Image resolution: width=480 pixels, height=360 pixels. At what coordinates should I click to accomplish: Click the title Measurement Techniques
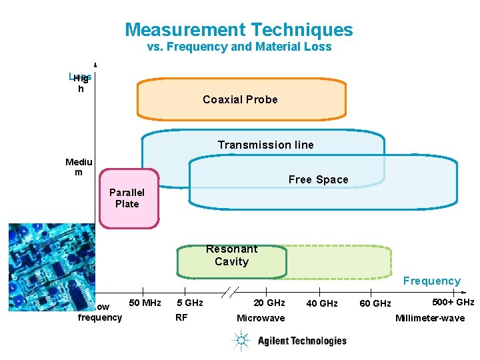click(239, 30)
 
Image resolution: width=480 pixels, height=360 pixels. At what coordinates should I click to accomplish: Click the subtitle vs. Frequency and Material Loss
click(239, 47)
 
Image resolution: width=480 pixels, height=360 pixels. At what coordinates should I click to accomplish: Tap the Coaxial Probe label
click(240, 99)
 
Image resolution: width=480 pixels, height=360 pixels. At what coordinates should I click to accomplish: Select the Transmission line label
click(265, 145)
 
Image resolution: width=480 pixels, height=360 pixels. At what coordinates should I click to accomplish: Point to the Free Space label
click(318, 179)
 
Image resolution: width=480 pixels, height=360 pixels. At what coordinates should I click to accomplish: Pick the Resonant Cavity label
click(231, 255)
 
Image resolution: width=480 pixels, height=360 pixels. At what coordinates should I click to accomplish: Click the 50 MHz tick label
click(145, 303)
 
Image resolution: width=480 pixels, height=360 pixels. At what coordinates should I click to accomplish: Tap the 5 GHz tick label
click(189, 303)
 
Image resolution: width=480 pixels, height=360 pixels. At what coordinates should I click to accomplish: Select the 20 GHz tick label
click(269, 303)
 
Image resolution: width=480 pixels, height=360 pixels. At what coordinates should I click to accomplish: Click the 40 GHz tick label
click(321, 304)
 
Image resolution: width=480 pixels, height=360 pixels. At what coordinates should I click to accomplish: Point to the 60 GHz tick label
click(375, 304)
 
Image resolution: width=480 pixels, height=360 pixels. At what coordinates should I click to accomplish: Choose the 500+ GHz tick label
click(453, 302)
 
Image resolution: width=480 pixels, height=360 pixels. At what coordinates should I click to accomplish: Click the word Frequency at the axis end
click(431, 281)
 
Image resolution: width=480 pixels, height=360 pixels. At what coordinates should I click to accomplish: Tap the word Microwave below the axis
click(260, 318)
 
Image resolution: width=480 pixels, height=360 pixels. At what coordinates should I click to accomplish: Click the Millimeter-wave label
click(429, 318)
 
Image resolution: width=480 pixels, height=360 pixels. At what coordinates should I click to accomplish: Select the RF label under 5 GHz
click(181, 317)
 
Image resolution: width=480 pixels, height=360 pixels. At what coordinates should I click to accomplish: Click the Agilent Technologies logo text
click(302, 341)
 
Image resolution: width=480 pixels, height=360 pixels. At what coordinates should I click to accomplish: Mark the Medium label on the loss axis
click(79, 167)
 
